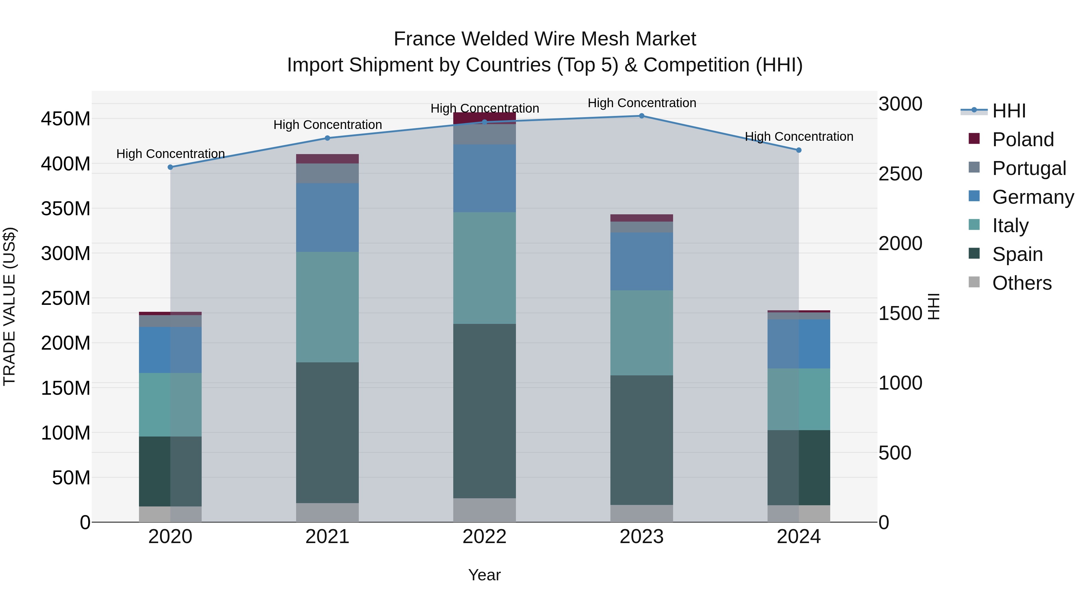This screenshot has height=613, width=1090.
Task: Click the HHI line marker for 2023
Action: [x=642, y=116]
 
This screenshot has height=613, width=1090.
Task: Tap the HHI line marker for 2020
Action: [x=170, y=167]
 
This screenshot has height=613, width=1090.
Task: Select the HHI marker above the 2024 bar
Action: [x=798, y=150]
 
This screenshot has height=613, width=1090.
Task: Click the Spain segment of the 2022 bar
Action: [x=484, y=411]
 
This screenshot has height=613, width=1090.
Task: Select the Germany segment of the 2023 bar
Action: [x=642, y=261]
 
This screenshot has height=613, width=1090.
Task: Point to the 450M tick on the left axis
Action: [x=66, y=119]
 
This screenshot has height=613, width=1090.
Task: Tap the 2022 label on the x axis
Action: [x=484, y=537]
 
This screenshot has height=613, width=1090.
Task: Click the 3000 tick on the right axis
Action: [x=900, y=104]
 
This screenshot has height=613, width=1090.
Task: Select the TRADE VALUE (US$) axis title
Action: [x=9, y=306]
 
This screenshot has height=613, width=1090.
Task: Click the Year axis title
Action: [x=484, y=575]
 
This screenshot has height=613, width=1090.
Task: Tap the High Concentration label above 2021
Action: [x=328, y=125]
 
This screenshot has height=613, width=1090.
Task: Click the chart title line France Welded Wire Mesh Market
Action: [x=545, y=39]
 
